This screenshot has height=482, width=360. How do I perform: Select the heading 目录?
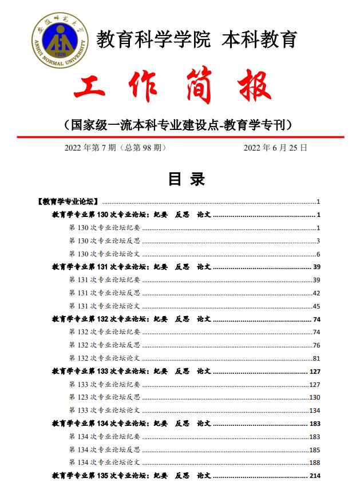(x=186, y=179)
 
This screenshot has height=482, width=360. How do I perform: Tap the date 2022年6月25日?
(x=275, y=148)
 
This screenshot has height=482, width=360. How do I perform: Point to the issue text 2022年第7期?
(x=91, y=148)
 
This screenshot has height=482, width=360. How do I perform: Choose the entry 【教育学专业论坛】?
(x=68, y=202)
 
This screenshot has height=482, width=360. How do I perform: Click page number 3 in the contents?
(x=318, y=240)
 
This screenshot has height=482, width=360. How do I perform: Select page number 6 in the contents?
(x=318, y=254)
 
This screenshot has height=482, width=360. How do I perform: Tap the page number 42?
(x=316, y=293)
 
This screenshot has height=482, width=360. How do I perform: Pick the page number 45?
(x=316, y=306)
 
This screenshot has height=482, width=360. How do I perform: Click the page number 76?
(x=316, y=345)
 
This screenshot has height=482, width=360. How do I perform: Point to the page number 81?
(x=316, y=358)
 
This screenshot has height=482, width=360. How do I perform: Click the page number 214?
(x=314, y=476)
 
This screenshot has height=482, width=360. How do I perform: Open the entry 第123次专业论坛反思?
(x=105, y=397)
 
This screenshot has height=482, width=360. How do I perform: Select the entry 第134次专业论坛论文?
(x=105, y=463)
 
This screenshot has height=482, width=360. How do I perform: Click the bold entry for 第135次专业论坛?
(x=132, y=476)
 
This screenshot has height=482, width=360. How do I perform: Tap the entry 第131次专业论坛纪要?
(x=105, y=280)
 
